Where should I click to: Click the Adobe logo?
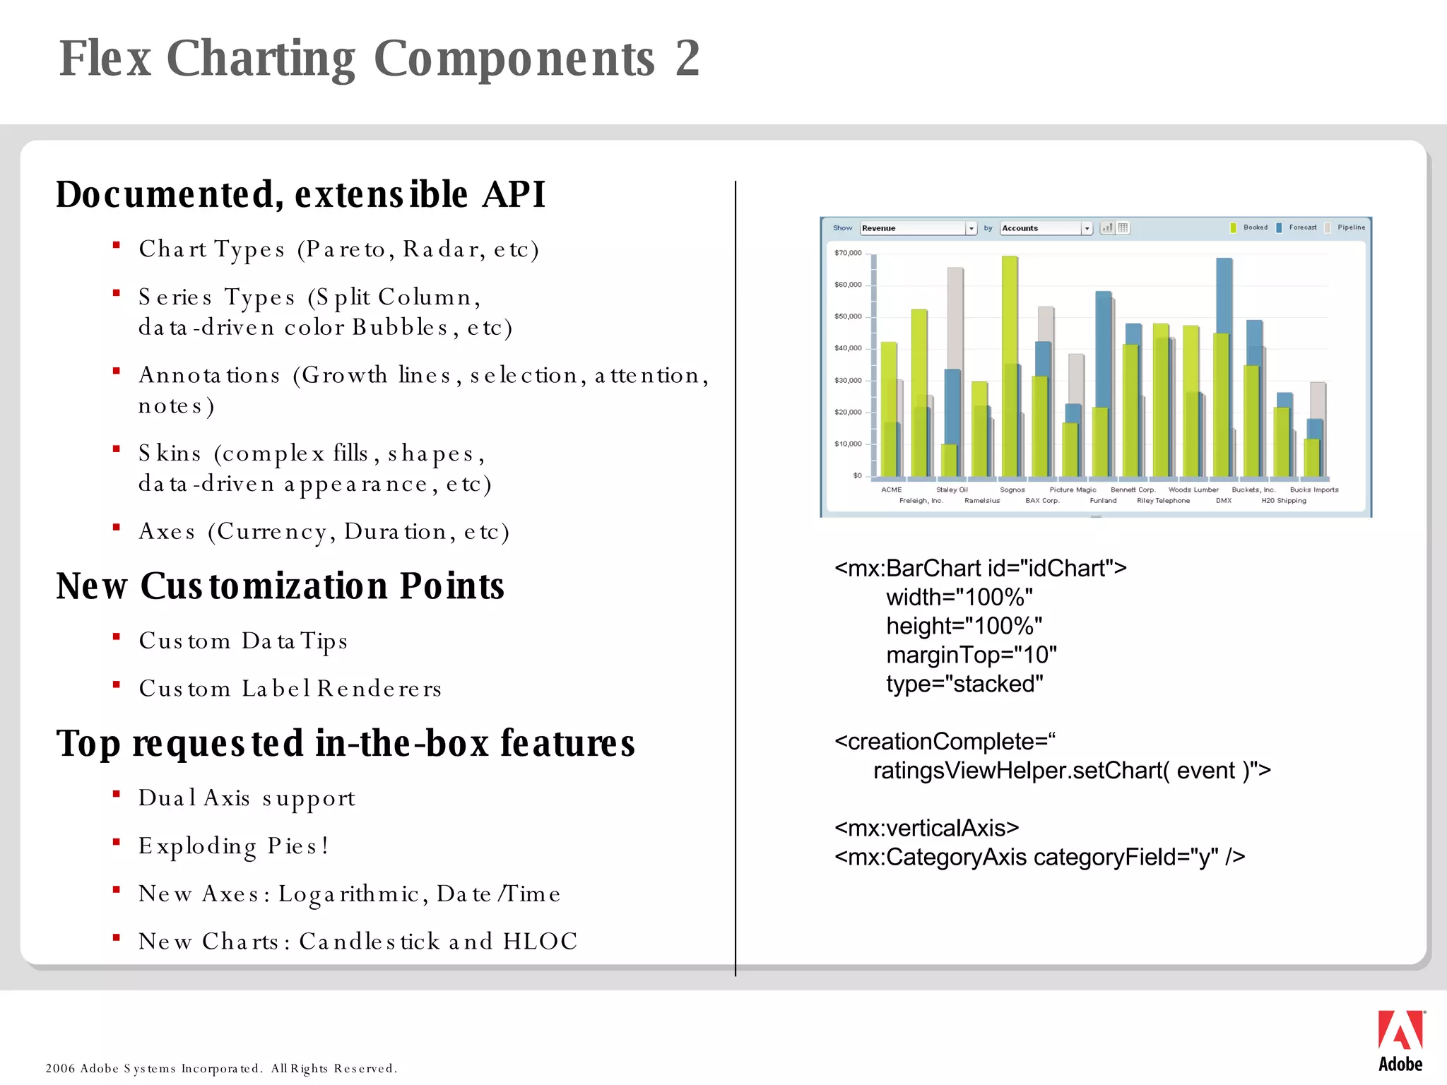click(x=1400, y=1040)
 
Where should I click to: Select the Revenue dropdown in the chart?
click(x=917, y=228)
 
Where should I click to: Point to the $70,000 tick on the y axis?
click(x=848, y=253)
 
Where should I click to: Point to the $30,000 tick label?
click(x=848, y=381)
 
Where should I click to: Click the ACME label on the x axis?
click(x=891, y=490)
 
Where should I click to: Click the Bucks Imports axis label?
click(x=1313, y=490)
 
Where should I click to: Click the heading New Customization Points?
click(x=280, y=586)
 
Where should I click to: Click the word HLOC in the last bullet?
click(x=540, y=942)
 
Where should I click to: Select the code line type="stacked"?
click(x=964, y=684)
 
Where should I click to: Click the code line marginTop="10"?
click(x=971, y=655)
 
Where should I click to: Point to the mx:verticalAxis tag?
click(x=926, y=828)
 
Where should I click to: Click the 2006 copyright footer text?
click(x=221, y=1068)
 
